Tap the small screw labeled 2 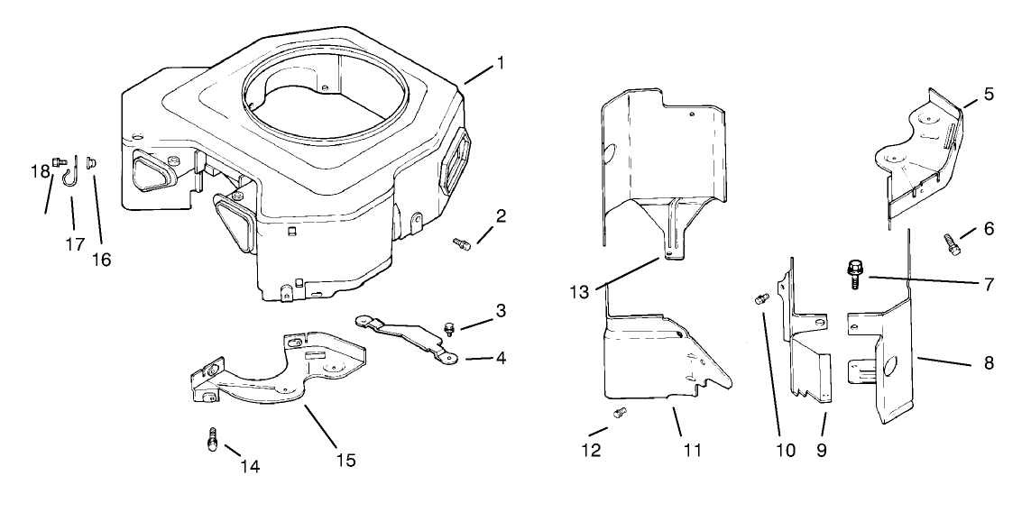pos(462,242)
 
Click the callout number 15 pos(345,460)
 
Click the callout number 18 pos(39,171)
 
